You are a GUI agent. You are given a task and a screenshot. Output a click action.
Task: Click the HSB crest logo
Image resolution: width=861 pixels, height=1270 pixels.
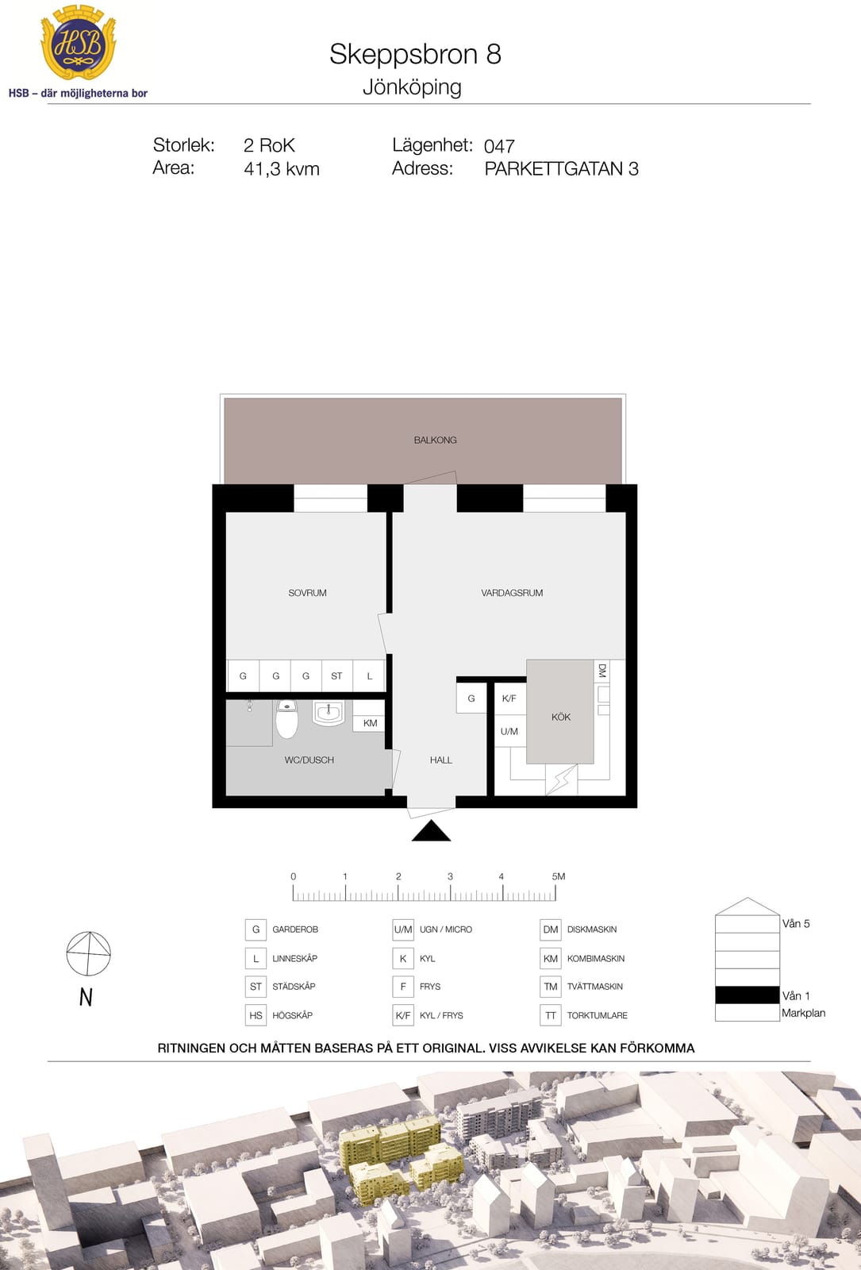pos(79,43)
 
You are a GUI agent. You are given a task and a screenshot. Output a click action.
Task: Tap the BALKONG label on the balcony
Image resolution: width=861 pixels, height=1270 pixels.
pos(435,440)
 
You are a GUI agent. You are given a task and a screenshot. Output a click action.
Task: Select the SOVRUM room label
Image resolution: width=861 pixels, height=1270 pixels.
pos(307,593)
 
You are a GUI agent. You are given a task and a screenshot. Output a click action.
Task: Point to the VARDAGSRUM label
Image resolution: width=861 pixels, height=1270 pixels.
pos(512,593)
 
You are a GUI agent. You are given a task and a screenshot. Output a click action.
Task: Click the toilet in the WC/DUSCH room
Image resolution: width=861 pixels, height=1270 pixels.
pos(286,719)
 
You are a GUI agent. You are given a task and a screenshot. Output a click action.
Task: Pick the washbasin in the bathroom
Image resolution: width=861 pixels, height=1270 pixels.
pos(329,713)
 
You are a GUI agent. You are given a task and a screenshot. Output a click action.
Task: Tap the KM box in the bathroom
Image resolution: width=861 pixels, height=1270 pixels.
pos(370,723)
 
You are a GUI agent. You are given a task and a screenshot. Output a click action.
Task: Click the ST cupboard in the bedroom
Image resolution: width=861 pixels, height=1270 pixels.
pos(336,675)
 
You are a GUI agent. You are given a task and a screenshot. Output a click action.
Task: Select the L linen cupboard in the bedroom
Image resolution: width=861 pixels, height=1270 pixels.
pos(369,675)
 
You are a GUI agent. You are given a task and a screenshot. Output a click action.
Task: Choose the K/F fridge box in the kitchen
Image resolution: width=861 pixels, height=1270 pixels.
pos(509,698)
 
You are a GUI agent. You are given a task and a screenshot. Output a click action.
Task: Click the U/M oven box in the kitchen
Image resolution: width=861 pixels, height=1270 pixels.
pos(509,731)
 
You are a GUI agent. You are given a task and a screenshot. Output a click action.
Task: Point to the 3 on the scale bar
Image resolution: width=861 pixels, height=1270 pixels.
pos(450,876)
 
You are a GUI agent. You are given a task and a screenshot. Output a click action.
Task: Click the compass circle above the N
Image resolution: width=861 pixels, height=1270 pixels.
pos(88,953)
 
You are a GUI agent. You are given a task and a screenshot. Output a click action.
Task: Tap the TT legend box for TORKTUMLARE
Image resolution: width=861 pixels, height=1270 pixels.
pos(551,1015)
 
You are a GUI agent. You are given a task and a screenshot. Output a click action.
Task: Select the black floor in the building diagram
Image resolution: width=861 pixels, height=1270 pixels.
pos(747,995)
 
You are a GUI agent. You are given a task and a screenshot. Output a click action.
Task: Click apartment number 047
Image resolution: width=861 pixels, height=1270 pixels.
pos(499,146)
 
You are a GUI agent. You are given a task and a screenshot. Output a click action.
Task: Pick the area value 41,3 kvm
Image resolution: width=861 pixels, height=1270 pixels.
pos(282,169)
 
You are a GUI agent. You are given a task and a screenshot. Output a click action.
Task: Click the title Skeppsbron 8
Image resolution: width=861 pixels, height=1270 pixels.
pos(416,55)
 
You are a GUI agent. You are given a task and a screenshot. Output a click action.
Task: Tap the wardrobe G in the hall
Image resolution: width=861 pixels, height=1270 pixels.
pos(471,698)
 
